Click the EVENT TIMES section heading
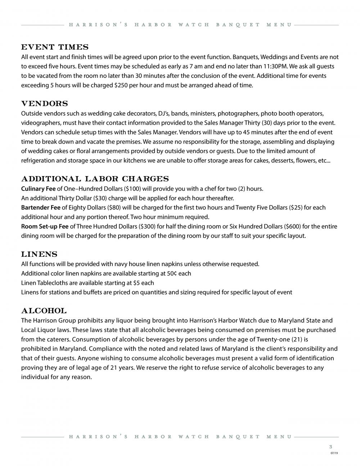[x=55, y=47]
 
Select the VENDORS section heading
[x=45, y=104]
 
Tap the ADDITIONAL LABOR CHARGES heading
[x=95, y=179]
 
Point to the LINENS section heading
[x=39, y=254]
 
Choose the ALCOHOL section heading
[x=44, y=311]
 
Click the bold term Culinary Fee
[x=39, y=189]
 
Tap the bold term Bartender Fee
[x=41, y=207]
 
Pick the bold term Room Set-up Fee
[x=45, y=227]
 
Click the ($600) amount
[x=293, y=227]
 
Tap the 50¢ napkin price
[x=172, y=273]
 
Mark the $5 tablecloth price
[x=136, y=283]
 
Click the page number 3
[x=330, y=447]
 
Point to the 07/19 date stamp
[x=334, y=453]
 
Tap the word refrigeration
[x=38, y=161]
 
